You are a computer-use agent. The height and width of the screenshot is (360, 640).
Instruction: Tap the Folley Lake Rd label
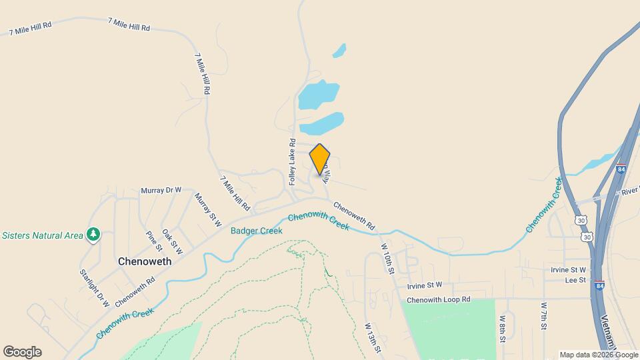point(292,161)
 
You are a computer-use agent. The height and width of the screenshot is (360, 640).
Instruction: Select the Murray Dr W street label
point(161,190)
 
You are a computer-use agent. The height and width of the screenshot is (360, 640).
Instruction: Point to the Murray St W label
point(208,210)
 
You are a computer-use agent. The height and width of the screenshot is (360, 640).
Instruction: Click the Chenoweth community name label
point(145,261)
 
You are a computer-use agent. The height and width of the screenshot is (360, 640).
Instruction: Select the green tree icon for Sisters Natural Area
point(94,235)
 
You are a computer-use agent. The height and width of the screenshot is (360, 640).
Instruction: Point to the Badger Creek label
point(256,231)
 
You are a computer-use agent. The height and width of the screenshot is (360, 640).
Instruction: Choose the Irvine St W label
point(424,285)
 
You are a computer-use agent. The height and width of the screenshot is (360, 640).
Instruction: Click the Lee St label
point(575,280)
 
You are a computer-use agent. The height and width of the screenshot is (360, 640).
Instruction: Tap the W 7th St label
point(543,316)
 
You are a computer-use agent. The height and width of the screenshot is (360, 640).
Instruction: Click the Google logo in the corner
point(22,352)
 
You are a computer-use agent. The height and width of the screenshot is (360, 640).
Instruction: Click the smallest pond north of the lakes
point(339,51)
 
